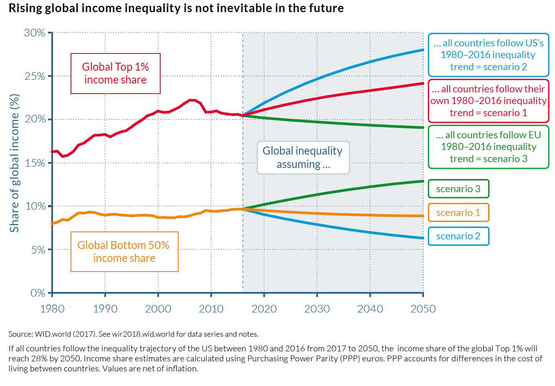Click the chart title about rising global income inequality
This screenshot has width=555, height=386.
coord(176,8)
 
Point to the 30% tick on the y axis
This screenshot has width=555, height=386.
coord(35,33)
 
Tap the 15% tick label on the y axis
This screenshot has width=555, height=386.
coord(35,163)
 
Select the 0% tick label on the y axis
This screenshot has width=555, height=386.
coord(38,293)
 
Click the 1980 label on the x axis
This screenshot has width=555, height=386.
coord(52,309)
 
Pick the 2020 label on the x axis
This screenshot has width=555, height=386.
coord(264,309)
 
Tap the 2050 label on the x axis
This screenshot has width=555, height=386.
coord(423,309)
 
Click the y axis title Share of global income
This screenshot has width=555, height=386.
coord(15,163)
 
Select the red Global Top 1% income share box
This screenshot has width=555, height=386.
coord(116,74)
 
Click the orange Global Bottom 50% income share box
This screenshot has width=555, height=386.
coord(124,251)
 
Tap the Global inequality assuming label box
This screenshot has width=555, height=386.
coord(303,157)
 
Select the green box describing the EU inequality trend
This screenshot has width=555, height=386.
coord(489,147)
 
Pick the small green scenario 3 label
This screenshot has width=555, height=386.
coord(459,189)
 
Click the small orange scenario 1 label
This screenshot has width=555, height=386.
coord(459,213)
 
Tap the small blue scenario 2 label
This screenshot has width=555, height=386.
coord(459,236)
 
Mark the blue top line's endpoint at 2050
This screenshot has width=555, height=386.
coord(423,50)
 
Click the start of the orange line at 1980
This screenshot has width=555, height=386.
coord(52,223)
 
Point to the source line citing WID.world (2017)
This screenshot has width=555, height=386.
coord(134,334)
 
